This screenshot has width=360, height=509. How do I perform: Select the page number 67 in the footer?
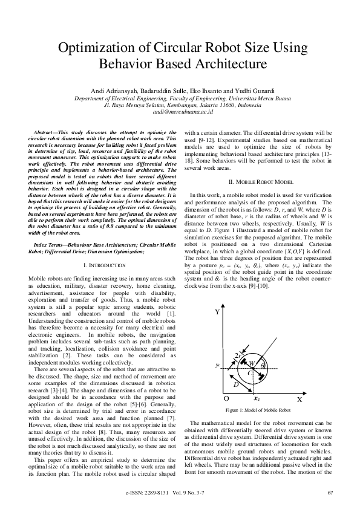pyautogui.click(x=330, y=494)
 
